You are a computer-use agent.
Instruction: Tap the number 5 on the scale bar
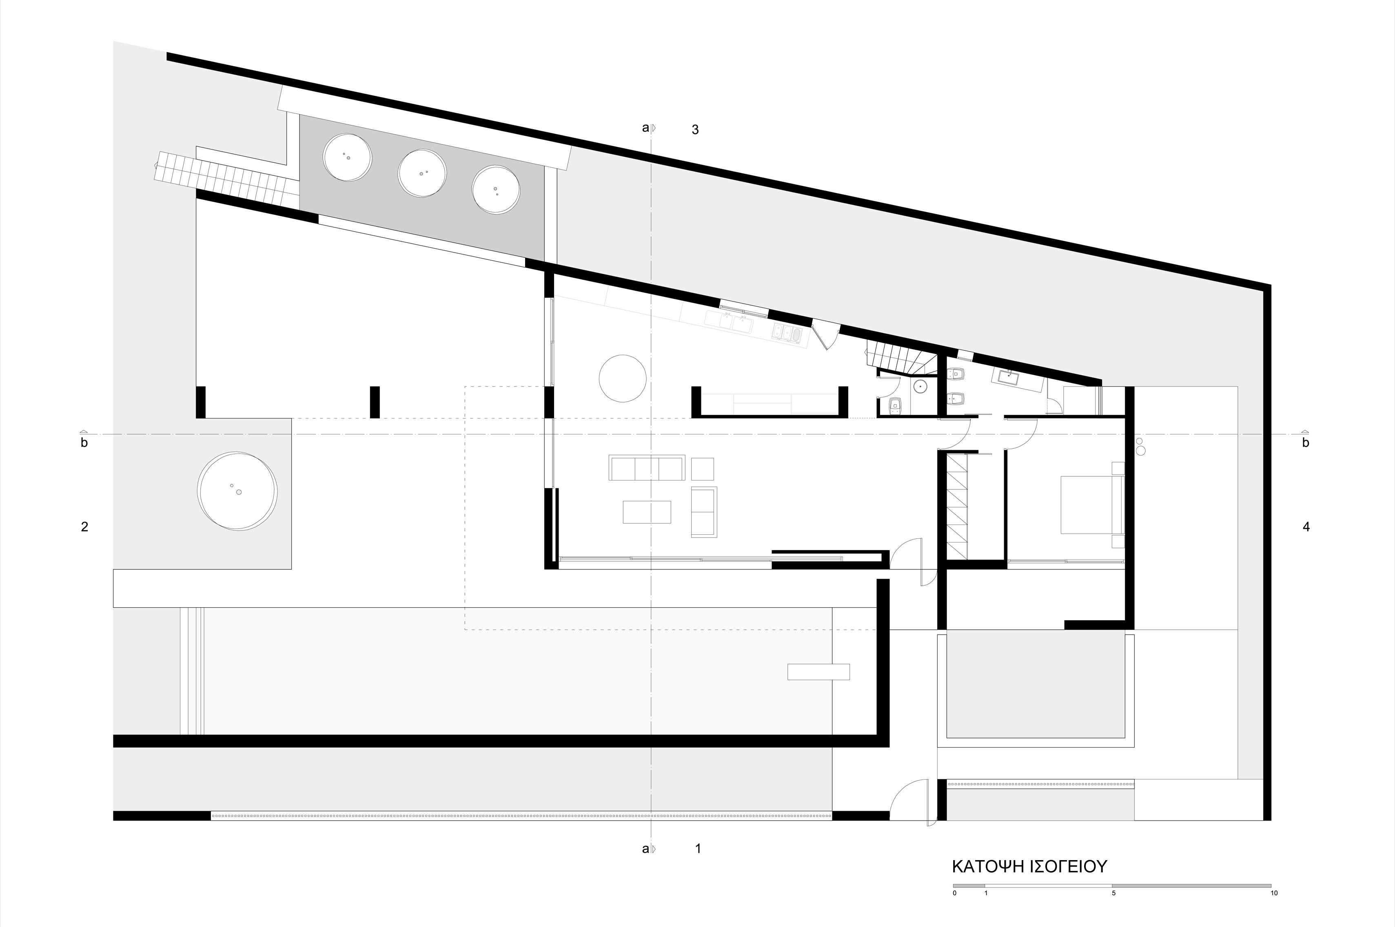coord(1113,909)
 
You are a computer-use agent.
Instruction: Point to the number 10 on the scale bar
coord(1274,909)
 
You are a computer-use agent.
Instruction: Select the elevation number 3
coord(695,129)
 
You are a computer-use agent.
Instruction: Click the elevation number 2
coord(84,527)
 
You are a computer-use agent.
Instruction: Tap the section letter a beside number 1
coord(645,849)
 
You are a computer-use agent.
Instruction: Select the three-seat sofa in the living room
coord(647,468)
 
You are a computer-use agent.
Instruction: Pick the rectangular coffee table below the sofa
coord(647,512)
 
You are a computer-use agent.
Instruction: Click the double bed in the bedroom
coord(1091,505)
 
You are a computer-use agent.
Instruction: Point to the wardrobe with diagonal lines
coord(958,505)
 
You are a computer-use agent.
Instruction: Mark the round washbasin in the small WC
coord(921,387)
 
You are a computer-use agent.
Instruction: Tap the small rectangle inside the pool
coord(818,672)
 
